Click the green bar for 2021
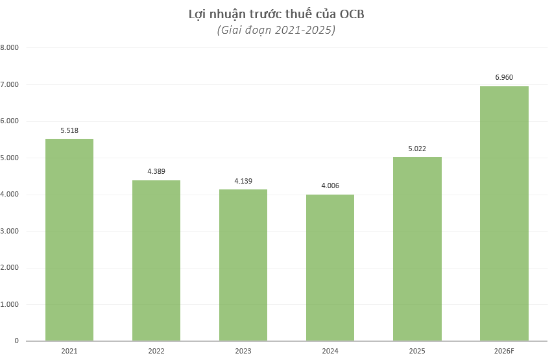[69, 240]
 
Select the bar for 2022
[156, 260]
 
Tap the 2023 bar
[243, 265]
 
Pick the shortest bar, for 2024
[330, 267]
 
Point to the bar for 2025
[417, 248]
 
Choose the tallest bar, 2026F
[504, 213]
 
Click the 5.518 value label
[69, 130]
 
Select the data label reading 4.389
[156, 171]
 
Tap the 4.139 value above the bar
[243, 181]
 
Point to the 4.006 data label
[330, 186]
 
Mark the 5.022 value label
[417, 149]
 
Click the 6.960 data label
[504, 77]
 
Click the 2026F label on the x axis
[504, 351]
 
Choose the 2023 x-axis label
[243, 351]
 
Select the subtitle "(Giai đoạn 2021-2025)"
[276, 30]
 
